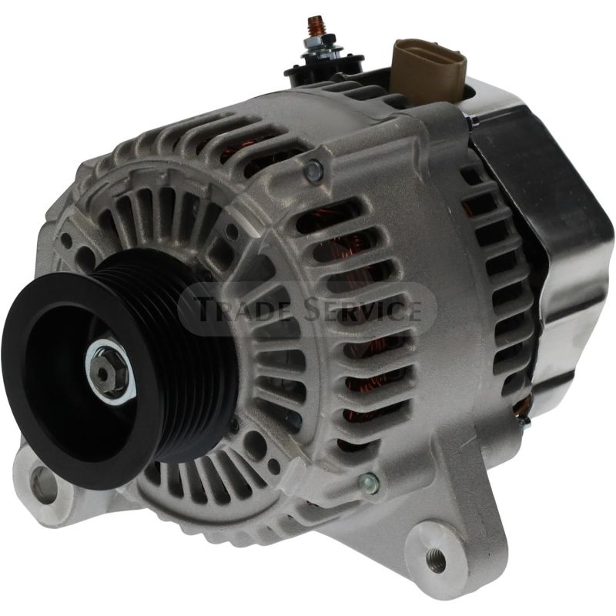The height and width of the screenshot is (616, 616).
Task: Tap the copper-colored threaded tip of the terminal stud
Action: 316,22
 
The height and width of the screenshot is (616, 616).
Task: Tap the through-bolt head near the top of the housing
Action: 313,171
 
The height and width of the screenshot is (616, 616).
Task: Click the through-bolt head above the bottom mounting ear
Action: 369,483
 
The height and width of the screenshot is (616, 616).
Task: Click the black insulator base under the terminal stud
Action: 316,74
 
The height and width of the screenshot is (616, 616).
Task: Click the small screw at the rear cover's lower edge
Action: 524,422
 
